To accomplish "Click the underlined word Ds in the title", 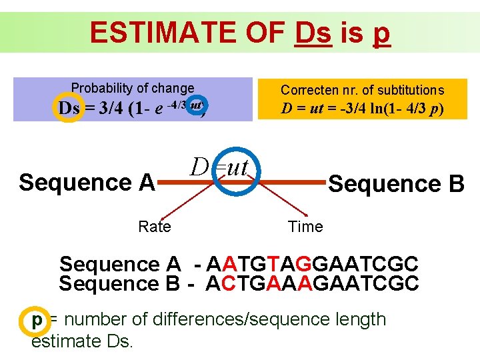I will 312,33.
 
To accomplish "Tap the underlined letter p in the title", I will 381,34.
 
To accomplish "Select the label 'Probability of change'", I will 133,88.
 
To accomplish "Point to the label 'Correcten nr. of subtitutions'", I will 362,90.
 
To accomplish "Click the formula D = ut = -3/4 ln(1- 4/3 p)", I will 362,109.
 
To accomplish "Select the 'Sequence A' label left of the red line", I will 87,182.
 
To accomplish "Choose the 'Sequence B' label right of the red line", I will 396,183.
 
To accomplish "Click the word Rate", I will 155,227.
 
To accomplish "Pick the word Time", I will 305,227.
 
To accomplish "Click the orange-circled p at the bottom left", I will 37,319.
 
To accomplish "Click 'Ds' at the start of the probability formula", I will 69,108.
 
